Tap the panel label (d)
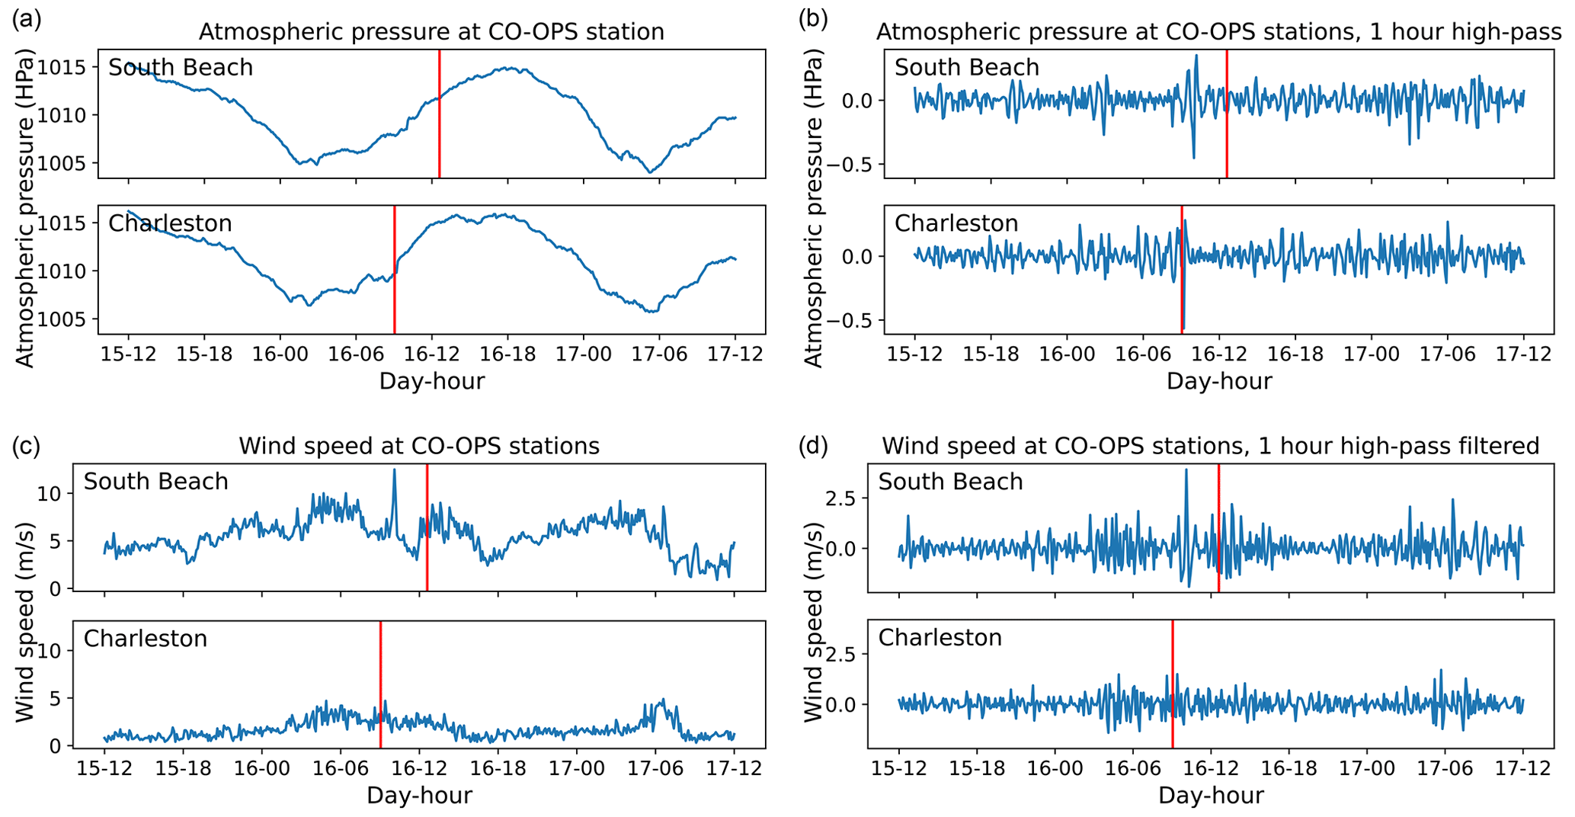(x=813, y=445)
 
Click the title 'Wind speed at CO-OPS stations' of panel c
(x=419, y=446)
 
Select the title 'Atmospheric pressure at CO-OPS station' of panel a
(x=431, y=32)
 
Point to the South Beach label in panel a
(x=181, y=68)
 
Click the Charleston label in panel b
(x=956, y=223)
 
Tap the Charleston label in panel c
(x=146, y=638)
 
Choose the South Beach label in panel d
(x=950, y=482)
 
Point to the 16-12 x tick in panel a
(x=432, y=354)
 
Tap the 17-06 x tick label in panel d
(x=1445, y=768)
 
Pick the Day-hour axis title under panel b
(x=1219, y=381)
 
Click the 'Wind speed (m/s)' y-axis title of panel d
(x=815, y=621)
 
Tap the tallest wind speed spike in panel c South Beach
(x=394, y=471)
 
